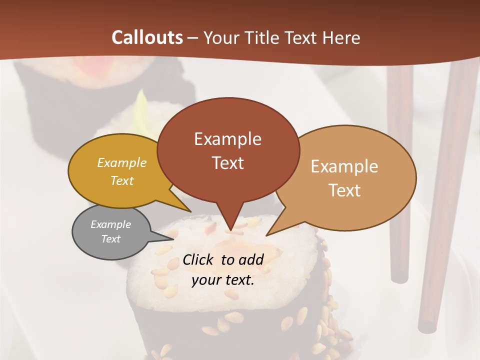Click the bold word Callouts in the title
pos(147,37)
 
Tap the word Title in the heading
pos(263,37)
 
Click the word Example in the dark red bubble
pos(227,139)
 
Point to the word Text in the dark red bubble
pos(227,163)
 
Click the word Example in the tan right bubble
pos(344,166)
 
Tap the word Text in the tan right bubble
pos(344,190)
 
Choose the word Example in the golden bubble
pos(122,162)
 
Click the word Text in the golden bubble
pos(122,180)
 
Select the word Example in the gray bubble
pos(110,224)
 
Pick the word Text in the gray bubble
pos(110,239)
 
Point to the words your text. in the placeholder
pos(222,280)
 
